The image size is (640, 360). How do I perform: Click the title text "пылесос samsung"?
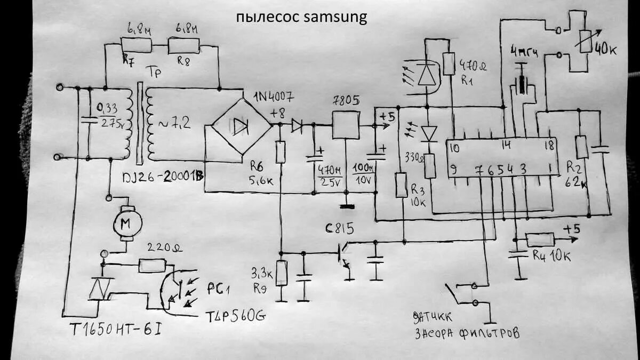coord(302,17)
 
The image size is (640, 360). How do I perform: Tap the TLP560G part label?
coord(235,317)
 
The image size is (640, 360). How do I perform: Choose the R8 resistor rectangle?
coord(183,46)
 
